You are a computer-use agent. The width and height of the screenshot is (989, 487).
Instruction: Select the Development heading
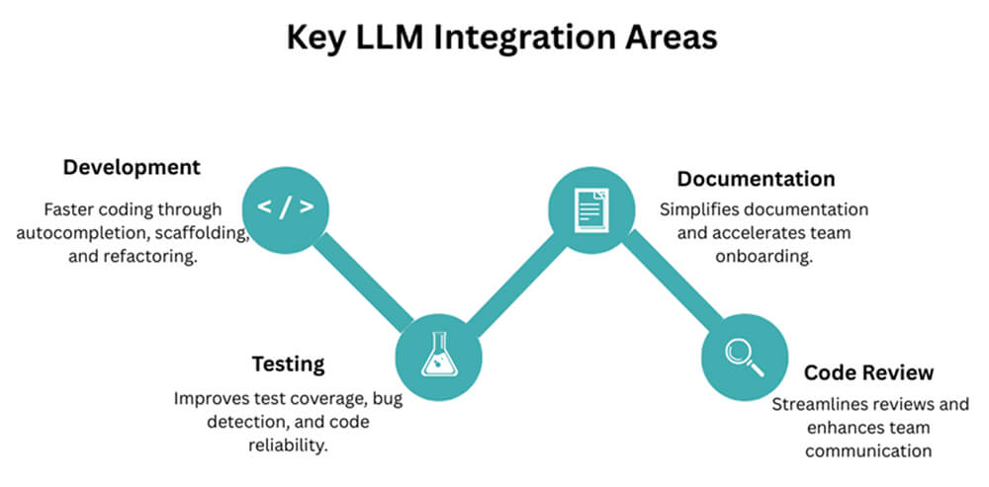tap(132, 167)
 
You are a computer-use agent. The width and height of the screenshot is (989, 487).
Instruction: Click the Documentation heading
tap(756, 179)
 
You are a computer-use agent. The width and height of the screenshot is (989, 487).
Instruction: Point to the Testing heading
tap(287, 364)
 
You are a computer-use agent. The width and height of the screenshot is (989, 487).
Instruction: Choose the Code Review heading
tap(868, 372)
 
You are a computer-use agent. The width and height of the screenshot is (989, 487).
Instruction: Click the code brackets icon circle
tap(286, 207)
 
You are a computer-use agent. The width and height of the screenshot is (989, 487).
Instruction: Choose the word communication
tap(867, 451)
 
